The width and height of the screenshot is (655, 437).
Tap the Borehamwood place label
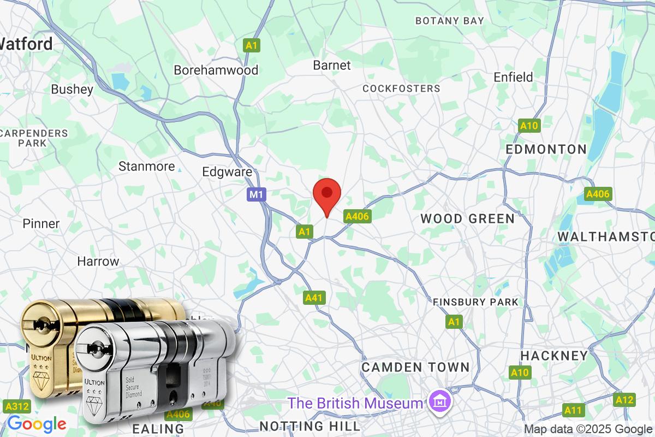click(216, 70)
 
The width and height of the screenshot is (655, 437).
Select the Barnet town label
click(332, 65)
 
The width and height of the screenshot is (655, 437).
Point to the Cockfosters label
click(401, 88)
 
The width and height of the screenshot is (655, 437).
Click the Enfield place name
click(513, 77)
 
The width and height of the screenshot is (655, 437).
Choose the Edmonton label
click(546, 149)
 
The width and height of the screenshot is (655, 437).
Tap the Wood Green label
click(467, 219)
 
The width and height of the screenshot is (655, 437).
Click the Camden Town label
click(415, 367)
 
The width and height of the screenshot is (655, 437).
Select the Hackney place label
click(554, 356)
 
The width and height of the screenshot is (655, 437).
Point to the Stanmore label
click(147, 166)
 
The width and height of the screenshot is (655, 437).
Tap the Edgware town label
click(227, 172)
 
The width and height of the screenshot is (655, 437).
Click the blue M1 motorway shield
click(256, 194)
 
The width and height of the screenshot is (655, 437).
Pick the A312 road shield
click(16, 406)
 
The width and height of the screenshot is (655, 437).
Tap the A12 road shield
click(624, 400)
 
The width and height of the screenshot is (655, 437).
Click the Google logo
click(37, 423)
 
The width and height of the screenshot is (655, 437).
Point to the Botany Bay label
click(449, 21)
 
